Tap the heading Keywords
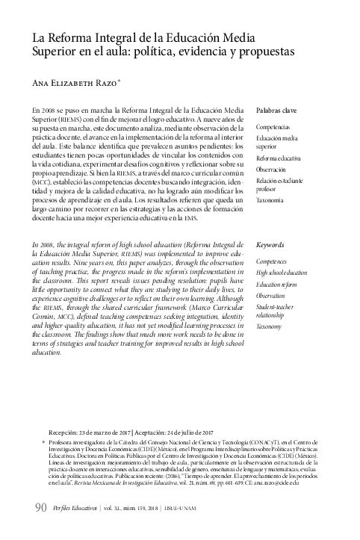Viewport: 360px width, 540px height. pyautogui.click(x=270, y=245)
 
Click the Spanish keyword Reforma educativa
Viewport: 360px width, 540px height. pyautogui.click(x=279, y=159)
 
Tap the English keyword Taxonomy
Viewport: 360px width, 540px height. pyautogui.click(x=269, y=326)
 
